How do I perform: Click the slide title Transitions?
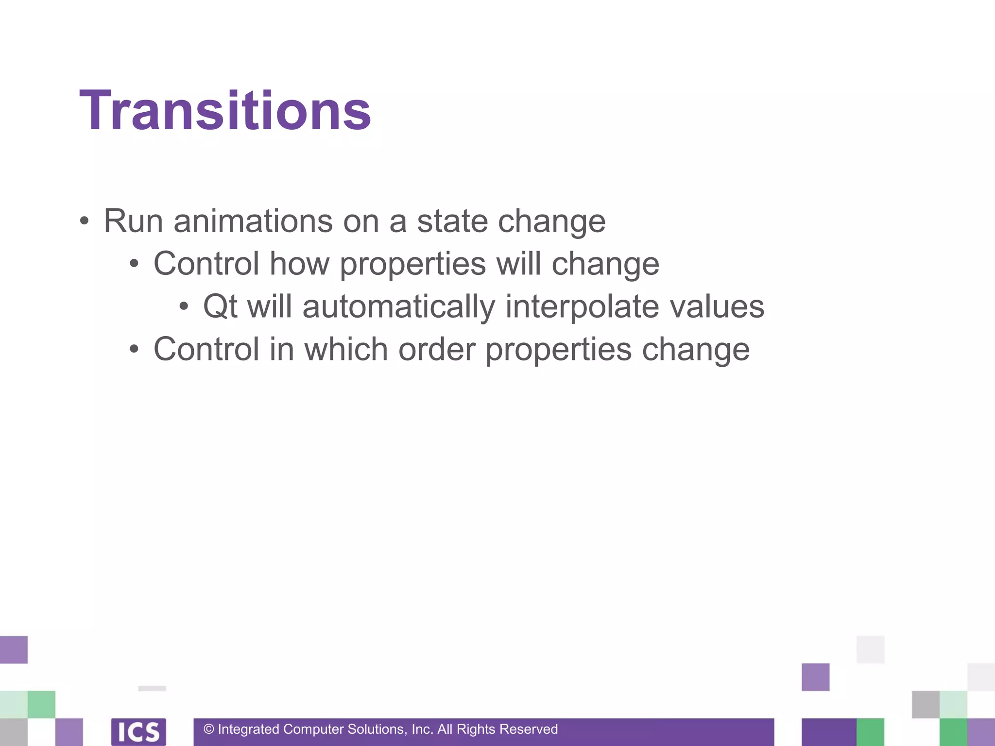click(225, 111)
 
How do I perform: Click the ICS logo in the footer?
click(138, 731)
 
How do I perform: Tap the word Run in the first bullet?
click(133, 221)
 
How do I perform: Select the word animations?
click(253, 221)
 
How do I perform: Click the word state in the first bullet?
click(452, 221)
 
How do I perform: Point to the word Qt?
click(220, 307)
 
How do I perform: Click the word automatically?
click(398, 307)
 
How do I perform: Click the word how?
click(299, 264)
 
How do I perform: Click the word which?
click(346, 350)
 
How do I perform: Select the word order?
click(436, 350)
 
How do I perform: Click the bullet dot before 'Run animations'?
click(85, 221)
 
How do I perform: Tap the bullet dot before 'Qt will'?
click(184, 307)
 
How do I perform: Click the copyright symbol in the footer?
click(209, 729)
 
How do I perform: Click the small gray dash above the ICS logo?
click(152, 688)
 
